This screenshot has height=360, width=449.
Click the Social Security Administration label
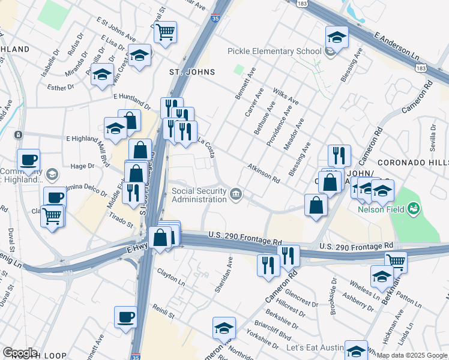(x=199, y=195)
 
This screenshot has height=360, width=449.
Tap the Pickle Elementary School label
(x=274, y=51)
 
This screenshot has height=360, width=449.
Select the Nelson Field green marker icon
(x=413, y=209)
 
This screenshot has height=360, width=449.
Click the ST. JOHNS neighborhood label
(x=191, y=72)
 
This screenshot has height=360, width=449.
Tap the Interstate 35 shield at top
(x=215, y=19)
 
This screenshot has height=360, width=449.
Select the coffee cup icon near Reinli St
(x=125, y=316)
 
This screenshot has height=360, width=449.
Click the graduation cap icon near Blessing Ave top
(x=337, y=37)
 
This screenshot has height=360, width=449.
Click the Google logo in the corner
(x=19, y=353)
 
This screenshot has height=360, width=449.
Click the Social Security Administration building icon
(x=237, y=193)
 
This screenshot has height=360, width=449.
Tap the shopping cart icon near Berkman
(x=396, y=261)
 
